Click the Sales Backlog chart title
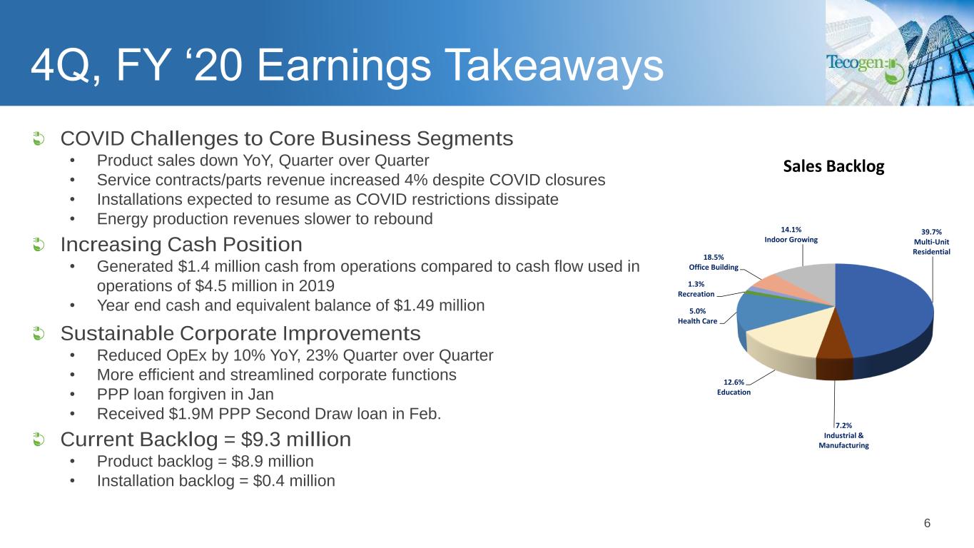pos(833,166)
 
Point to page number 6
pos(927,523)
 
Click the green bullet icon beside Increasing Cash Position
pos(39,245)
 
